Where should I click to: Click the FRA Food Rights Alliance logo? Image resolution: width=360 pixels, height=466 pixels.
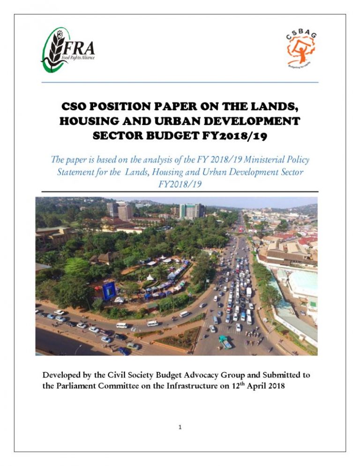click(68, 50)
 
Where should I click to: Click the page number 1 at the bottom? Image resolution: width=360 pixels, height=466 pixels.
click(180, 427)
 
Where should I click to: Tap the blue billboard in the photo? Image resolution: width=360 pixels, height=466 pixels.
click(109, 290)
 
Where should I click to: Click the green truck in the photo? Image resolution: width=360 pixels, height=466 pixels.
click(225, 342)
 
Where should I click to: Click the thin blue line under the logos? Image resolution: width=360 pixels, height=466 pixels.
click(180, 83)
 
